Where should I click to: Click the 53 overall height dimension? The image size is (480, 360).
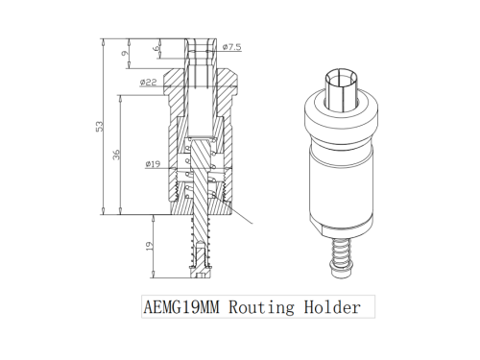(100, 126)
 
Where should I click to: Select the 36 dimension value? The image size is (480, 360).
(117, 155)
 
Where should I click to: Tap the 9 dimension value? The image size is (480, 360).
(124, 53)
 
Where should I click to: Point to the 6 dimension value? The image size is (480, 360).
(156, 48)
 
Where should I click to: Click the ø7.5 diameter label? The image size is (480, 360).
(231, 47)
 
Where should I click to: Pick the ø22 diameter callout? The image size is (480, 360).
(149, 83)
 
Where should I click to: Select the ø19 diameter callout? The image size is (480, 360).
(153, 164)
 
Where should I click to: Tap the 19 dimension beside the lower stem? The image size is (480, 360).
(150, 246)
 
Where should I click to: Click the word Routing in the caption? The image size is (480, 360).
(261, 307)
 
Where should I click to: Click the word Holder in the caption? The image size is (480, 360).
(332, 307)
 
